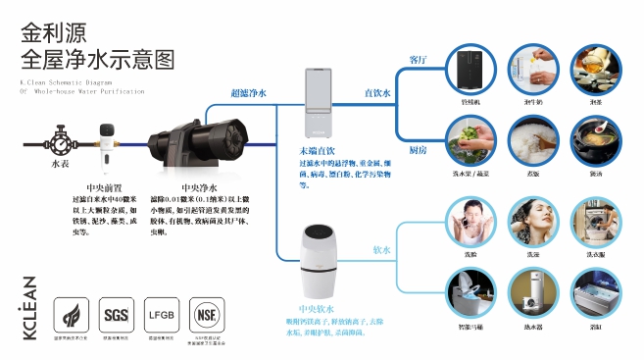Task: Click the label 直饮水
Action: click(377, 92)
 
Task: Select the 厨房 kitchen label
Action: click(417, 149)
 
